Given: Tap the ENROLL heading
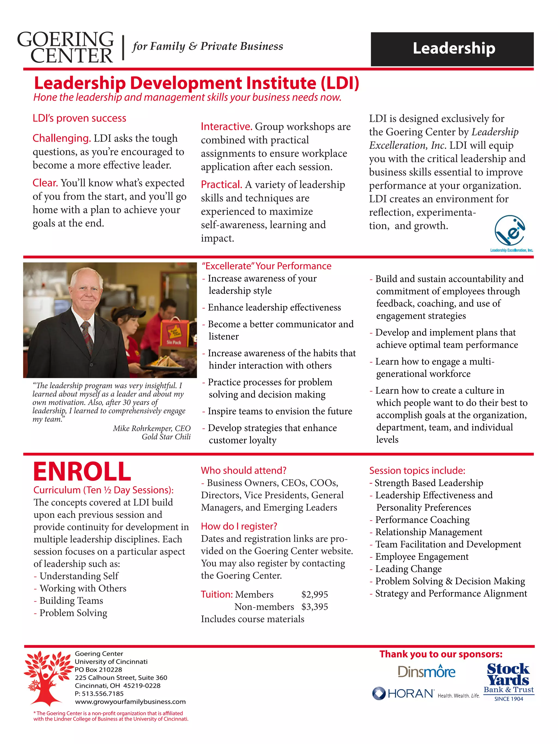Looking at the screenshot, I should pyautogui.click(x=82, y=472).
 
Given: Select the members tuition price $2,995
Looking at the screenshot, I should pyautogui.click(x=314, y=594).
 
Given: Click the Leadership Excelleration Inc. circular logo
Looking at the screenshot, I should pyautogui.click(x=510, y=231).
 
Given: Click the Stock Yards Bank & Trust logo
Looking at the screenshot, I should pyautogui.click(x=508, y=681).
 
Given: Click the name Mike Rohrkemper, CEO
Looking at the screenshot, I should pyautogui.click(x=151, y=429).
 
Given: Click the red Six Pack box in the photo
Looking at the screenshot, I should pyautogui.click(x=174, y=333).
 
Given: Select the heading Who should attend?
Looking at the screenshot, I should pyautogui.click(x=244, y=470).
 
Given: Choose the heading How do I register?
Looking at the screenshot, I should pyautogui.click(x=239, y=526).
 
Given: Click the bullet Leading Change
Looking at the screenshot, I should pyautogui.click(x=408, y=569).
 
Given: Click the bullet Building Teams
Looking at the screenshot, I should pyautogui.click(x=71, y=600).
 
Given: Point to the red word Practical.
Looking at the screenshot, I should pyautogui.click(x=221, y=185).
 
